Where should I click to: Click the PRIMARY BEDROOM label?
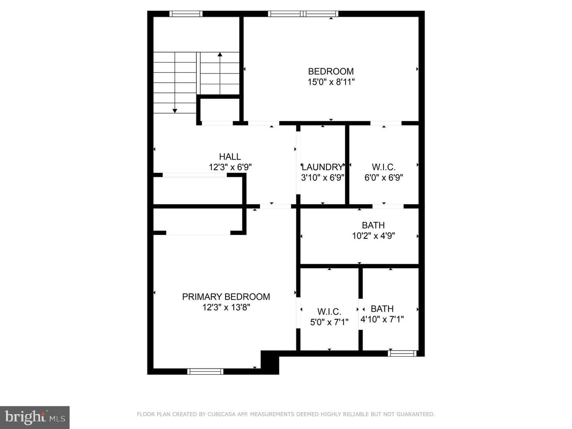click(x=226, y=297)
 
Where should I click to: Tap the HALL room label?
click(x=230, y=157)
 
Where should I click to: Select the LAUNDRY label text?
click(x=323, y=167)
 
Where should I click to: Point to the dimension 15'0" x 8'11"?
click(x=331, y=82)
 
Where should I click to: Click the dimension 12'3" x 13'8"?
click(x=226, y=307)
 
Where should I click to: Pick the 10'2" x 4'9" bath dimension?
click(x=373, y=236)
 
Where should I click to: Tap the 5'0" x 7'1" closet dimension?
click(x=329, y=322)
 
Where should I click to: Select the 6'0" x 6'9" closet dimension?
click(x=384, y=178)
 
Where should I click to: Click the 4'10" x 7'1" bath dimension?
click(x=382, y=319)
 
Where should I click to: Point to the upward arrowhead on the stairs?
click(x=220, y=54)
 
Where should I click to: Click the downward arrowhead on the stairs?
click(x=175, y=111)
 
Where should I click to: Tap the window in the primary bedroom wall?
click(x=205, y=371)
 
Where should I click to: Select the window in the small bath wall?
click(x=402, y=353)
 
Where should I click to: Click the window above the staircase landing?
click(x=186, y=14)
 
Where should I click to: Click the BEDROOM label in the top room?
click(x=331, y=71)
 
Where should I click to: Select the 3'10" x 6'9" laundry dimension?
click(x=323, y=178)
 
